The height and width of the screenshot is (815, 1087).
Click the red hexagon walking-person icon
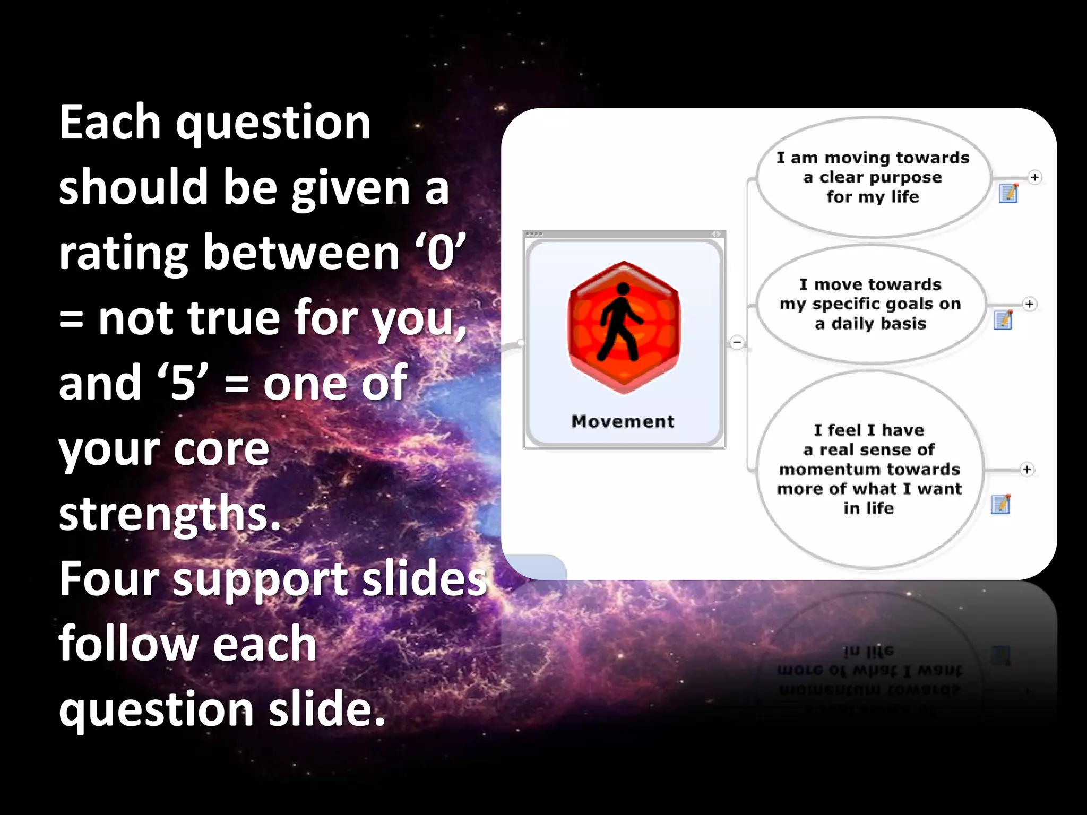tap(623, 327)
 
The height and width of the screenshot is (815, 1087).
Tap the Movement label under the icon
tap(623, 421)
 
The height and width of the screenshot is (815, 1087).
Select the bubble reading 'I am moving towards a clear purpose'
tap(873, 177)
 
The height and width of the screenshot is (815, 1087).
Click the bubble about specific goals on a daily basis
tap(870, 304)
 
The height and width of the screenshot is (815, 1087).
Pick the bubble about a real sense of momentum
tap(869, 469)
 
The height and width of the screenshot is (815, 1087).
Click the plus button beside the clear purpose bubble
tap(1034, 177)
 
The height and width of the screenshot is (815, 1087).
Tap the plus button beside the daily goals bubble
tap(1030, 304)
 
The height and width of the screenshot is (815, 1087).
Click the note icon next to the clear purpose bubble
tap(1008, 193)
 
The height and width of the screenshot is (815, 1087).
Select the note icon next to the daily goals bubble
tap(1003, 320)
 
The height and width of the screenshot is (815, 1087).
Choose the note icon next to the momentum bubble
tap(1000, 504)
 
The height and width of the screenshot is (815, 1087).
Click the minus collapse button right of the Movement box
tap(737, 342)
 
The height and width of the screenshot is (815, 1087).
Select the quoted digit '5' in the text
tap(183, 383)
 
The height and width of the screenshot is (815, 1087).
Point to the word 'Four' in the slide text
tap(109, 579)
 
